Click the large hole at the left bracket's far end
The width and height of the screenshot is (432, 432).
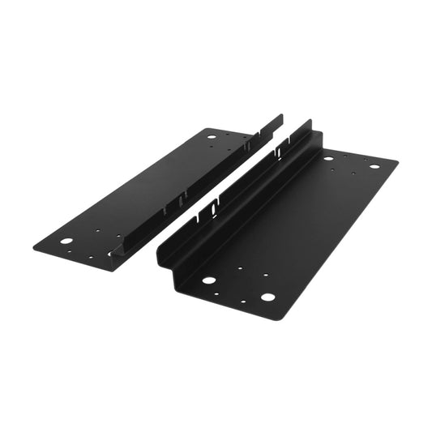(212, 137)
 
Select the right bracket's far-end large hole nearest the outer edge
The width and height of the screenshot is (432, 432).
(374, 166)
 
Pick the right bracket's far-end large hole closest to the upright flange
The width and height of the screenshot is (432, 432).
(327, 158)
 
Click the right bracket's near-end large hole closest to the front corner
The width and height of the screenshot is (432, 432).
(267, 297)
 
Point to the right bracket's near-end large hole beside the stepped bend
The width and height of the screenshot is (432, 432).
(209, 280)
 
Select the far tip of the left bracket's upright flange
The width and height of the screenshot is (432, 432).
(280, 117)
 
